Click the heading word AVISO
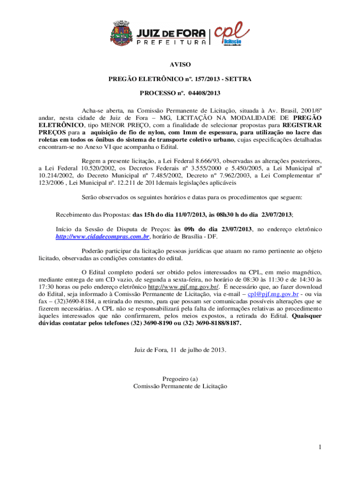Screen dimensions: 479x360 (x=180, y=65)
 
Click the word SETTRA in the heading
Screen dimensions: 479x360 (x=238, y=79)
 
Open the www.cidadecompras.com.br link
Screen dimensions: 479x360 (x=102, y=237)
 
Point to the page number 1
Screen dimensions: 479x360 (x=320, y=448)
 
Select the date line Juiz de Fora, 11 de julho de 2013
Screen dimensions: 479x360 (x=180, y=350)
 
